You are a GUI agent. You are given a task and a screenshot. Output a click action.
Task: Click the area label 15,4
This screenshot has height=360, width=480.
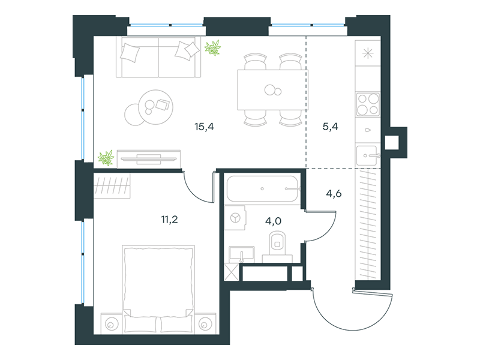tap(204, 127)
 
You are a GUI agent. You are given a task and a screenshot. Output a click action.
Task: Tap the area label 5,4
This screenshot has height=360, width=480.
tap(331, 127)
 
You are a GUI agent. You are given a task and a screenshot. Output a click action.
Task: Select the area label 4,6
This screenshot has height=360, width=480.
tap(334, 193)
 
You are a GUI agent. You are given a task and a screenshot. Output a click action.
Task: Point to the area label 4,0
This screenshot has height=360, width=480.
tap(273, 221)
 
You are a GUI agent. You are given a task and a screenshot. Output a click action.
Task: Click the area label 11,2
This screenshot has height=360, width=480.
tap(170, 220)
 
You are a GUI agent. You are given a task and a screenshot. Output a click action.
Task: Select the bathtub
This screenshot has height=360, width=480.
tap(262, 188)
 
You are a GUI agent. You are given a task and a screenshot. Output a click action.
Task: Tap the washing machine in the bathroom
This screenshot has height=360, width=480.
tap(235, 218)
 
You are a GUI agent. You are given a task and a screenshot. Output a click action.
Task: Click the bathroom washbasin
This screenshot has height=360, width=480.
tap(242, 254)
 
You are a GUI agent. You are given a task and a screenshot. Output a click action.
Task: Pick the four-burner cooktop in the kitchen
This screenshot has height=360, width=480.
tap(368, 104)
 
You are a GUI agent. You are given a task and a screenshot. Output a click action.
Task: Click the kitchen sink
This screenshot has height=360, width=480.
tap(368, 155)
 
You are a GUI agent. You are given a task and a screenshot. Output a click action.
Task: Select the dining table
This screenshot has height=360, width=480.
tap(272, 89)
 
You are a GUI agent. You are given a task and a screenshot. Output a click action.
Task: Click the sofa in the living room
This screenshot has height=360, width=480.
tap(158, 57)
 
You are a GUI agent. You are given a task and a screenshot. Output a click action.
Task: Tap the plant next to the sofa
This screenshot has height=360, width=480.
tap(212, 48)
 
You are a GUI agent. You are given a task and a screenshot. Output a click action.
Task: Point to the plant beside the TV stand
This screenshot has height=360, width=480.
tap(106, 158)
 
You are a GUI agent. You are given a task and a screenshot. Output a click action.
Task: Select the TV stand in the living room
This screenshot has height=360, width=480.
tap(149, 159)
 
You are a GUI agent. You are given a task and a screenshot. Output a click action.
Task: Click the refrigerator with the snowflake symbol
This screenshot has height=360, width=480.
tap(368, 53)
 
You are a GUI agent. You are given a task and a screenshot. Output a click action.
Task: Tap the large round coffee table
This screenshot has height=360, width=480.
tap(155, 107)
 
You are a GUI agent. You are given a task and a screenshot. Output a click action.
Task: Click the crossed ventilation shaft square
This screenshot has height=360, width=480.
tap(232, 272)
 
